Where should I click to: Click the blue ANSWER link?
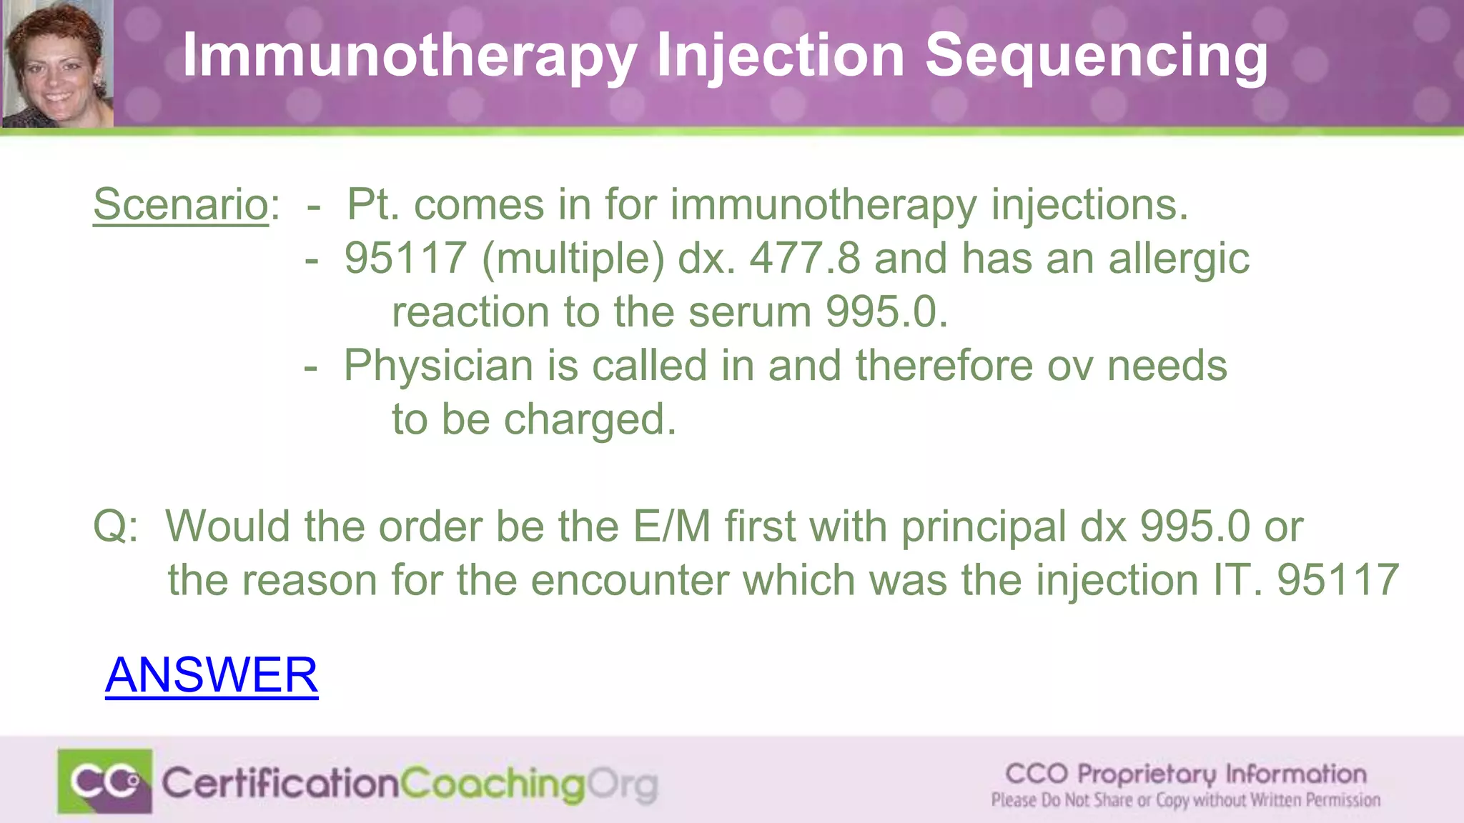(212, 674)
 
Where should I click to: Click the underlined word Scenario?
(180, 204)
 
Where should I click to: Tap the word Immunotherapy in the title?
(410, 56)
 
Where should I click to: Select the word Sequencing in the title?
(1096, 56)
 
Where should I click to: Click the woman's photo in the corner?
(57, 64)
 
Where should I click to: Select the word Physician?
(438, 366)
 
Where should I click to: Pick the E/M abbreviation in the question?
(671, 527)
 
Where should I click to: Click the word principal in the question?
(984, 527)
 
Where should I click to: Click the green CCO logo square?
(105, 781)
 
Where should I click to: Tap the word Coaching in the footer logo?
(493, 784)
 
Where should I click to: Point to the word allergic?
(1179, 258)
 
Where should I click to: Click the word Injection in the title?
(781, 56)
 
